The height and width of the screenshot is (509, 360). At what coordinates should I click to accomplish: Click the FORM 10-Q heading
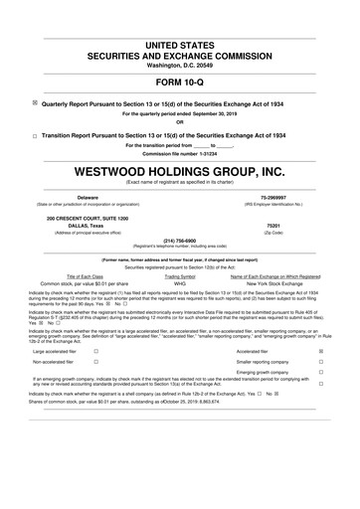tap(179, 82)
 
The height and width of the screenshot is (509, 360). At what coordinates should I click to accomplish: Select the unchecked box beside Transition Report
tap(35, 134)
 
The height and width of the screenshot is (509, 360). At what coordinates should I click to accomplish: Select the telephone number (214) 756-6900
tap(180, 240)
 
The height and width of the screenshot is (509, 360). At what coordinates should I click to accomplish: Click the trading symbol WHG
tap(180, 283)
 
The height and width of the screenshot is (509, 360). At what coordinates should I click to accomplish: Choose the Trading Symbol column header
tap(180, 276)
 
